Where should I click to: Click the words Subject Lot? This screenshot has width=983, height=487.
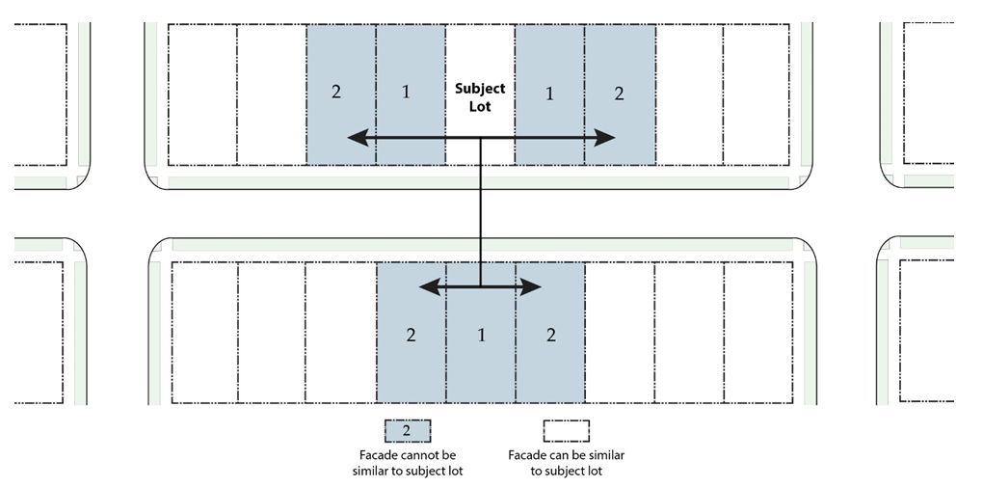(x=480, y=97)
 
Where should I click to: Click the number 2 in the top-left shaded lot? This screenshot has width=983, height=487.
(x=335, y=94)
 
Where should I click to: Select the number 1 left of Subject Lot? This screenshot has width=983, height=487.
(x=406, y=94)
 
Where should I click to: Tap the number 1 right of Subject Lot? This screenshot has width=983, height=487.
(x=549, y=94)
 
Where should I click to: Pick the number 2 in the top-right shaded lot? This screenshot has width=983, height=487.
(x=619, y=94)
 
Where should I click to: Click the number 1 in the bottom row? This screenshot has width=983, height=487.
(x=480, y=336)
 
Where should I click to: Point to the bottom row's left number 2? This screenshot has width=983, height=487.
(x=411, y=336)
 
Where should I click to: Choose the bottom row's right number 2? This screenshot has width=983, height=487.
(x=550, y=336)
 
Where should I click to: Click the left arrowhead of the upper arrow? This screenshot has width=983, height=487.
(x=355, y=139)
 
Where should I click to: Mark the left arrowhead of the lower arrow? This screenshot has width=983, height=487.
(x=428, y=286)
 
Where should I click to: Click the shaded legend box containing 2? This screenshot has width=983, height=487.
(x=408, y=430)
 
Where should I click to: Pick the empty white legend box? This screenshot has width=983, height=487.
(x=566, y=430)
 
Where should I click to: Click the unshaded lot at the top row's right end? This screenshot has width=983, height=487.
(x=756, y=95)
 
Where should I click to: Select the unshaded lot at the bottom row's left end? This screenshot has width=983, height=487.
(x=204, y=331)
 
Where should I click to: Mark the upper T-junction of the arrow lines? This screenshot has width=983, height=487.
(x=480, y=139)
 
